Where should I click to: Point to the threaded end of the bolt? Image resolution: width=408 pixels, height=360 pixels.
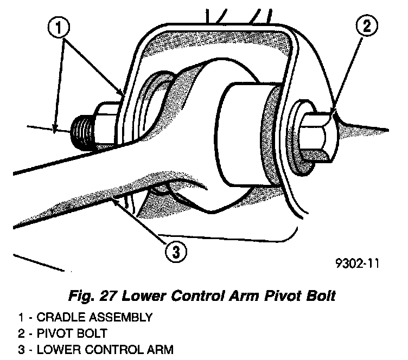82,132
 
